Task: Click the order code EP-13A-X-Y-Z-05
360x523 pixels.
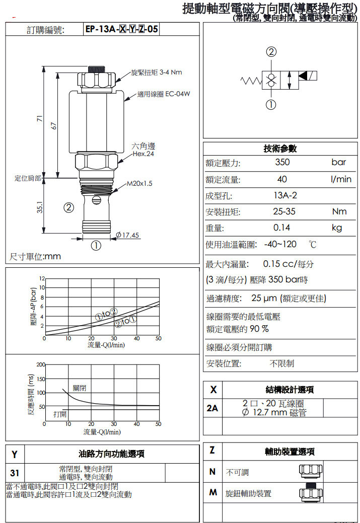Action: click(122, 29)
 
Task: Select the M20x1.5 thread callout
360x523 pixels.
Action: click(139, 184)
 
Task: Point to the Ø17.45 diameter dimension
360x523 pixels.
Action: click(128, 235)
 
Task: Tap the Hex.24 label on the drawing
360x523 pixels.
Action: click(143, 154)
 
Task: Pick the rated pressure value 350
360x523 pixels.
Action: click(282, 163)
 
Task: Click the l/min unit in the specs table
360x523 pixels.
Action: click(341, 179)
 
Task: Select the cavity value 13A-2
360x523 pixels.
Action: click(282, 196)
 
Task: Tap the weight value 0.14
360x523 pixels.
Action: click(282, 228)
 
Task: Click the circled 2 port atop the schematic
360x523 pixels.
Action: click(271, 52)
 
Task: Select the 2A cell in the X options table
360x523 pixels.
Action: click(212, 408)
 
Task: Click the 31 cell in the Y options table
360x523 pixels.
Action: click(15, 473)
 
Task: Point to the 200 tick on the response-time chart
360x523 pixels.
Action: click(41, 364)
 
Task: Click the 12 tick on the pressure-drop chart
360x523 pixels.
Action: click(42, 278)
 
